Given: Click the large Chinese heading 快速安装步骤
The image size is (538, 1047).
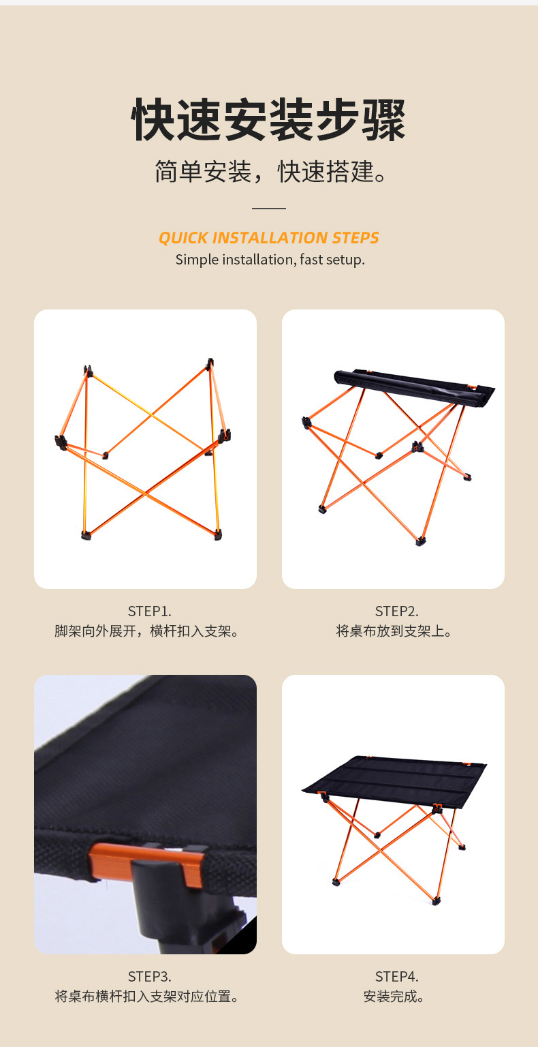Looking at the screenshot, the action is [x=268, y=120].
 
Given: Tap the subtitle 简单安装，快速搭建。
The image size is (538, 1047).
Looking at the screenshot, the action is [x=270, y=172].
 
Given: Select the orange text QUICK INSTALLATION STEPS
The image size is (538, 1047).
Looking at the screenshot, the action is [x=269, y=238].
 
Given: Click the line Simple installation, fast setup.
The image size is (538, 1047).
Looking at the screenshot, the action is [x=270, y=260].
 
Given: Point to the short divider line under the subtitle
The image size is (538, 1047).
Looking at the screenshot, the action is [x=269, y=209].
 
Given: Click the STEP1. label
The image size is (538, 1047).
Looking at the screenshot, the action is [x=149, y=611].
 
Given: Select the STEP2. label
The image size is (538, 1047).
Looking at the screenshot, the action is [x=396, y=611].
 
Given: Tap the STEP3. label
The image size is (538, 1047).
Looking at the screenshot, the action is [x=149, y=977].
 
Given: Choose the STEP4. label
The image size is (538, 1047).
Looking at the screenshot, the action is [x=396, y=977].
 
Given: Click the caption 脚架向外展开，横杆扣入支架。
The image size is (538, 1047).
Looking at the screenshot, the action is [x=146, y=631].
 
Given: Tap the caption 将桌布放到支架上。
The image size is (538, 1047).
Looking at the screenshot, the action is [x=394, y=631].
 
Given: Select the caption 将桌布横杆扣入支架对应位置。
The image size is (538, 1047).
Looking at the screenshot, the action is [x=146, y=997].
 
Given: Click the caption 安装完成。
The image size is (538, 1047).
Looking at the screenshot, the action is [x=394, y=997].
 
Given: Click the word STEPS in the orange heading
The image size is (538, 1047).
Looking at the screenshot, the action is [x=355, y=238].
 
